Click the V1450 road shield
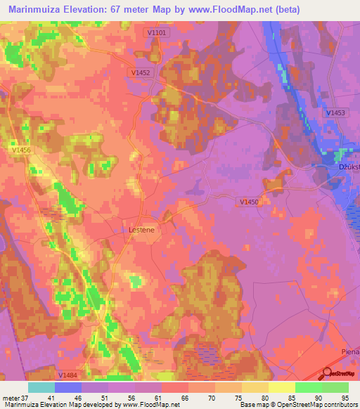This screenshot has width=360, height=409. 249,202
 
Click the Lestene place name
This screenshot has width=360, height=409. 142,229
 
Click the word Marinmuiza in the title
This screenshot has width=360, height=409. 39,10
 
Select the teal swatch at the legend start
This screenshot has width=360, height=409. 41,387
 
